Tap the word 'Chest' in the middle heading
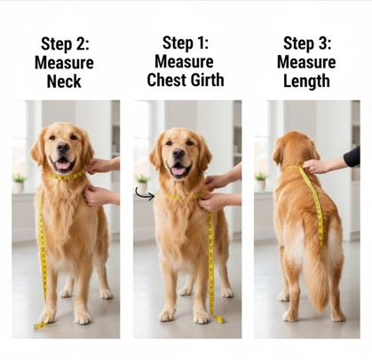pyautogui.click(x=167, y=80)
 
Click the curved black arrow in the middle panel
pyautogui.click(x=144, y=194)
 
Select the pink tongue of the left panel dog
pyautogui.click(x=63, y=164)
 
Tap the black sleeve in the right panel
pyautogui.click(x=352, y=158)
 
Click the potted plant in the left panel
pyautogui.click(x=20, y=182)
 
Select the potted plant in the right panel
pyautogui.click(x=261, y=181)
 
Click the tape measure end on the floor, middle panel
pyautogui.click(x=218, y=319)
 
